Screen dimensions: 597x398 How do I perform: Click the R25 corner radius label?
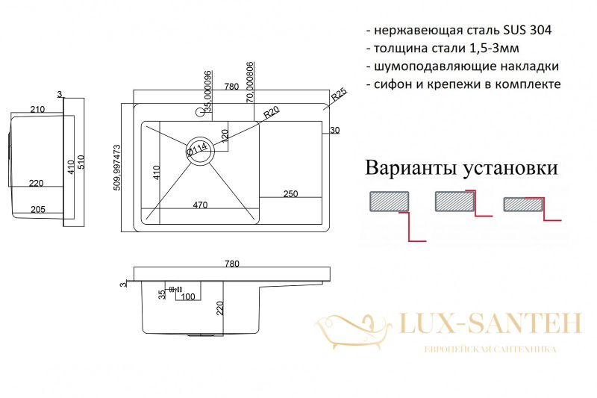point(339,94)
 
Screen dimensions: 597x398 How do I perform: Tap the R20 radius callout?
point(272,112)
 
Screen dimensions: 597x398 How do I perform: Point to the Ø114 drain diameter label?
point(197,149)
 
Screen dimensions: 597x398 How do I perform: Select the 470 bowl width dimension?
point(200,205)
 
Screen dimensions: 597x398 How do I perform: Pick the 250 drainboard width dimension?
point(290,194)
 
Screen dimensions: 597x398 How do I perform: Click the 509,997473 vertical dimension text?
point(117,167)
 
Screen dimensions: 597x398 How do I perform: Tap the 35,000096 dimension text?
point(207,91)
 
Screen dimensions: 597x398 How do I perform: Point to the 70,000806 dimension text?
point(250,82)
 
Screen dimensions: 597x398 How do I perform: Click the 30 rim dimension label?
point(334,130)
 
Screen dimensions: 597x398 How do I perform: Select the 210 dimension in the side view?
point(37,109)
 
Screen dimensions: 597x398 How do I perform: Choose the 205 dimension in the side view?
point(38,210)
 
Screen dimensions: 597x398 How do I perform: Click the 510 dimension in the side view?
point(81,162)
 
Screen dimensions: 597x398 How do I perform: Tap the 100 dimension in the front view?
point(188,296)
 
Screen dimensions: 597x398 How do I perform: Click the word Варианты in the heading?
point(411,168)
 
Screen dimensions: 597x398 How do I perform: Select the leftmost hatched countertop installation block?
point(389,202)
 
